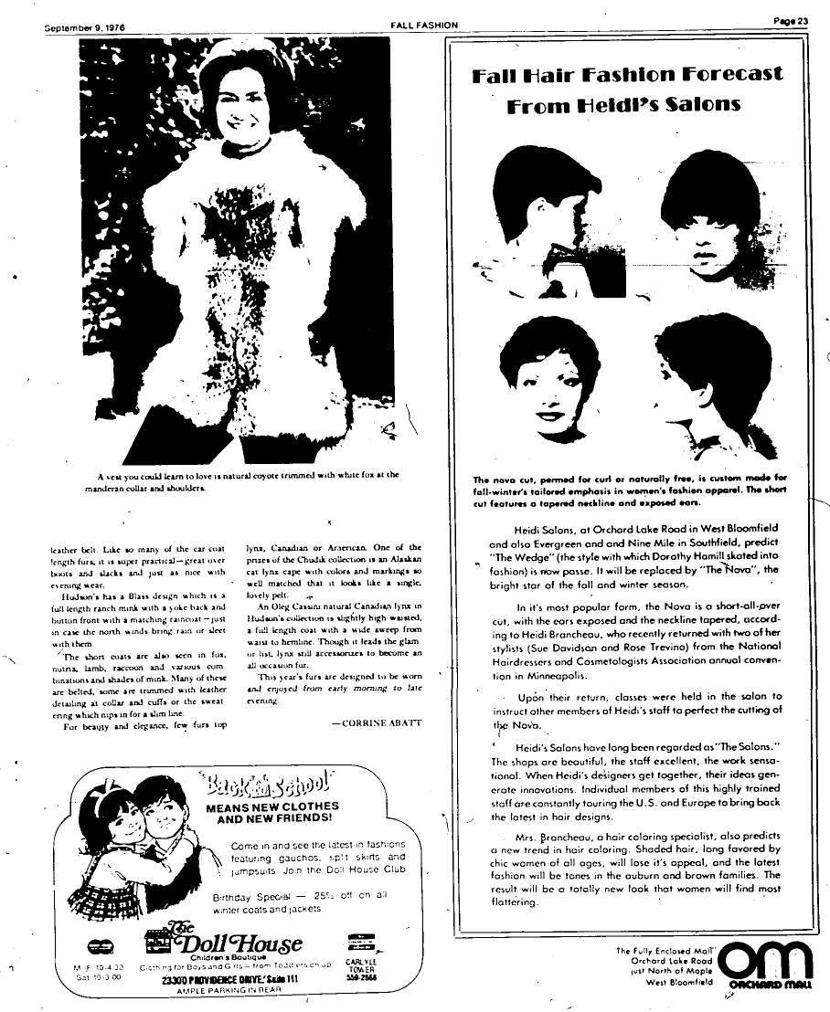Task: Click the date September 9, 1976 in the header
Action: [x=85, y=26]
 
